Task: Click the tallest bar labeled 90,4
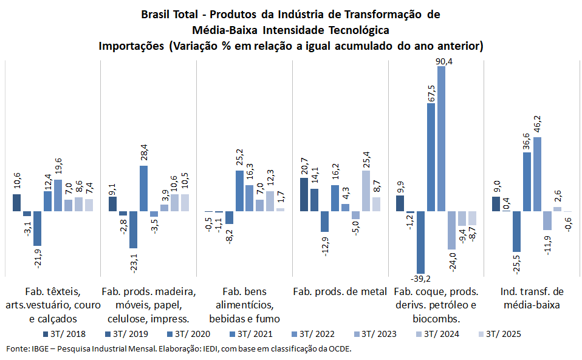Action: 442,138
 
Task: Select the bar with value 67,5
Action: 431,157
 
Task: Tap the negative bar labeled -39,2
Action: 421,242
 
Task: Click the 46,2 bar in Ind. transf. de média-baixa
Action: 537,174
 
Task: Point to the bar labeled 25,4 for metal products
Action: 366,191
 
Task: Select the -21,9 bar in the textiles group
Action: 38,228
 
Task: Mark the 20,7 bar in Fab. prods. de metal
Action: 304,194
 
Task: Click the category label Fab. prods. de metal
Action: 340,291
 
